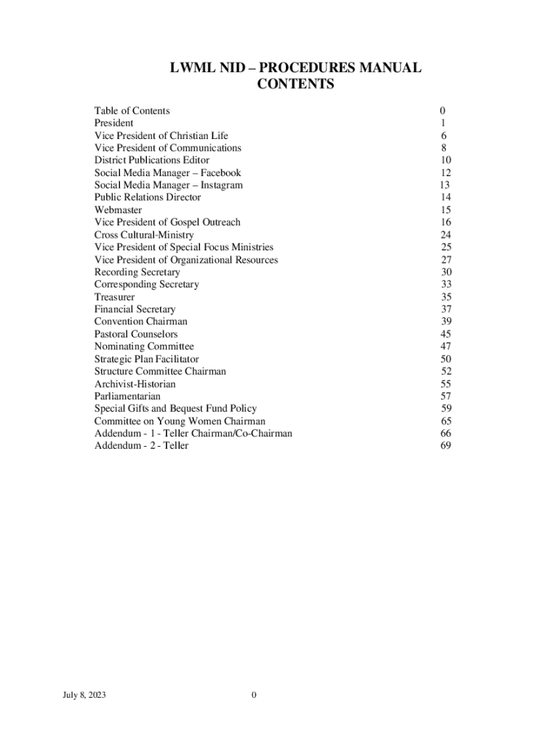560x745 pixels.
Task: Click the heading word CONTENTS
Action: click(x=295, y=84)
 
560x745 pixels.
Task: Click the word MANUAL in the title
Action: click(x=385, y=68)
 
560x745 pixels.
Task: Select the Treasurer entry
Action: click(x=114, y=297)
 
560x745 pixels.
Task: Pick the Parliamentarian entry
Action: click(x=127, y=397)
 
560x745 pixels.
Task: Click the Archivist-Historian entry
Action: click(x=135, y=384)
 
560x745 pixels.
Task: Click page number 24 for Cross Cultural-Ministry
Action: click(x=445, y=235)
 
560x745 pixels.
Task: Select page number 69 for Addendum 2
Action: click(x=445, y=446)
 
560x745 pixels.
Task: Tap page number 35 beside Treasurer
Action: click(x=445, y=297)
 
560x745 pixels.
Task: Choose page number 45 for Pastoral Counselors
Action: click(x=445, y=334)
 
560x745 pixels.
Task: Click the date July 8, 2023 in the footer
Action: click(x=84, y=696)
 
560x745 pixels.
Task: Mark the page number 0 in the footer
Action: click(x=254, y=696)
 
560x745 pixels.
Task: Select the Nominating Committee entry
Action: click(x=144, y=346)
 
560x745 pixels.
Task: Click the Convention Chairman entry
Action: click(x=140, y=322)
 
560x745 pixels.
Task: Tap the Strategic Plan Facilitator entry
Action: click(x=146, y=359)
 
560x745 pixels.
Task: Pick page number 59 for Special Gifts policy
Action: click(x=445, y=409)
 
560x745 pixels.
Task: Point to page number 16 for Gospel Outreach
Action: click(x=445, y=222)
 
